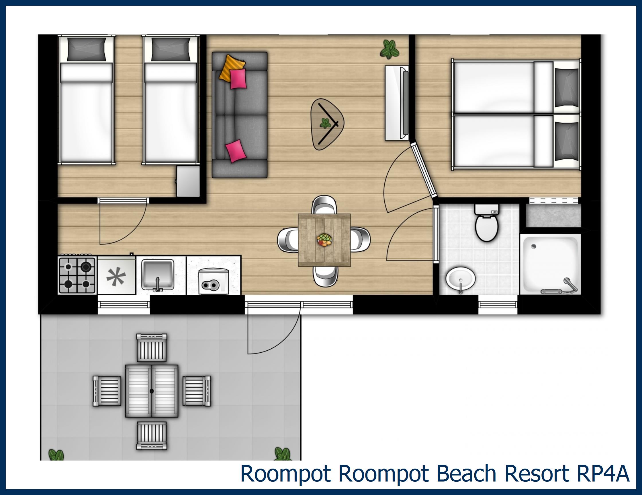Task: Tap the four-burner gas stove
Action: tap(77, 275)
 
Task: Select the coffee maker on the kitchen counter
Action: tap(214, 281)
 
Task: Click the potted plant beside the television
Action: tap(389, 49)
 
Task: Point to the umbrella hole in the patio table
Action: tap(151, 391)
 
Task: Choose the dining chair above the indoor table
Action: tap(324, 205)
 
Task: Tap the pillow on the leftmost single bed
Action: tap(87, 49)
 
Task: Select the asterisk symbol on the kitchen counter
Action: tap(116, 277)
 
